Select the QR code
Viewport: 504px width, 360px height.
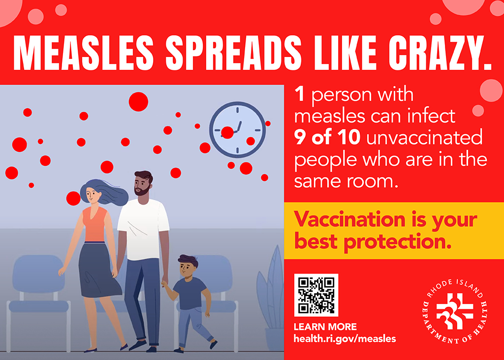316,295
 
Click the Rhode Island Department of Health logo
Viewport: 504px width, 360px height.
454,311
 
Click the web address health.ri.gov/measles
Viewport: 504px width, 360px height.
345,339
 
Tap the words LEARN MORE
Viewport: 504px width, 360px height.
325,327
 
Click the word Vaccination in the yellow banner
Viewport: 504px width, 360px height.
350,220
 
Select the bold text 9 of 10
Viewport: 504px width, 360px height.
327,137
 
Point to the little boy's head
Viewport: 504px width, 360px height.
188,267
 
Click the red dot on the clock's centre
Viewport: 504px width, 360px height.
227,132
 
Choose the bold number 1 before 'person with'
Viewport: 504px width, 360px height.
299,94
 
